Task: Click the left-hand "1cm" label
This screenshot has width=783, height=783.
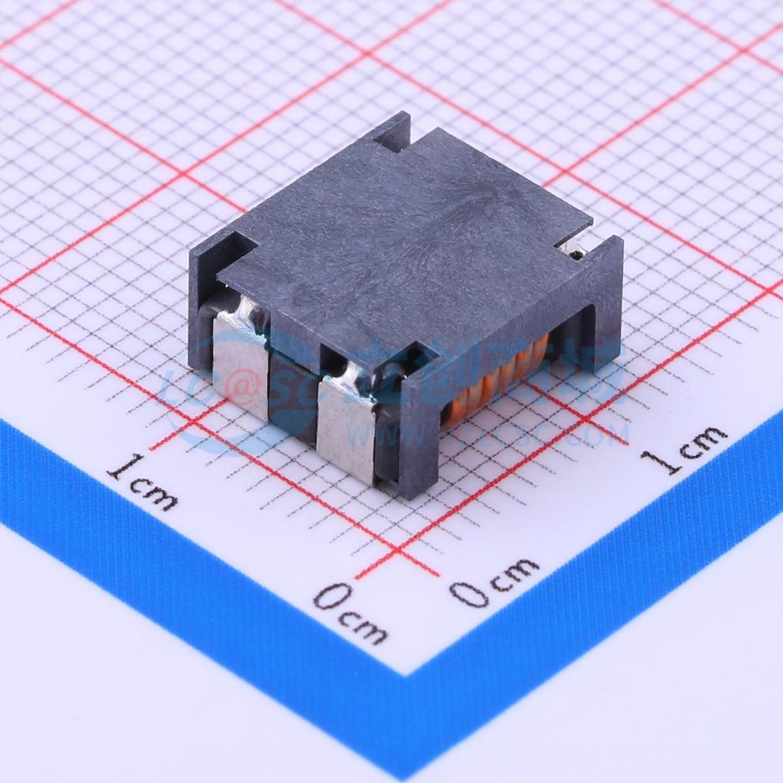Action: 144,483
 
